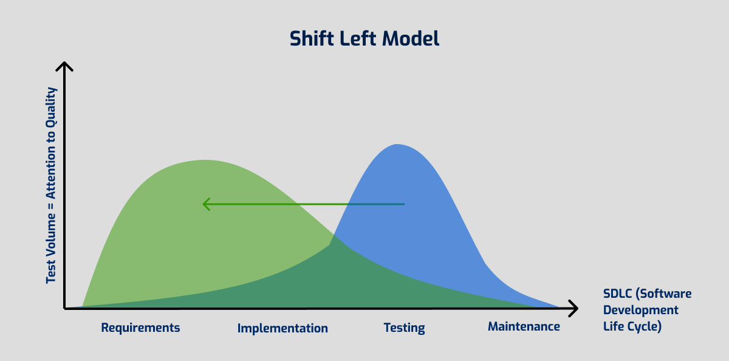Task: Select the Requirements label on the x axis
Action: [140, 328]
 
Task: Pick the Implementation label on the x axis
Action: [282, 328]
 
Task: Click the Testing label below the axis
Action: [404, 328]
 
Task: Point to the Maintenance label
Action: [524, 327]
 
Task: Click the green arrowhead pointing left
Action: [206, 204]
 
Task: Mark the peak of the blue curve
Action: [397, 145]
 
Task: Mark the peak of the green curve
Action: [204, 161]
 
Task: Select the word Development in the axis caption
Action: [641, 310]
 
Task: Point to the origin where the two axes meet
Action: [64, 309]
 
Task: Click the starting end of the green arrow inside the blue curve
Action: [403, 204]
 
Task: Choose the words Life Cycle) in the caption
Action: [632, 326]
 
